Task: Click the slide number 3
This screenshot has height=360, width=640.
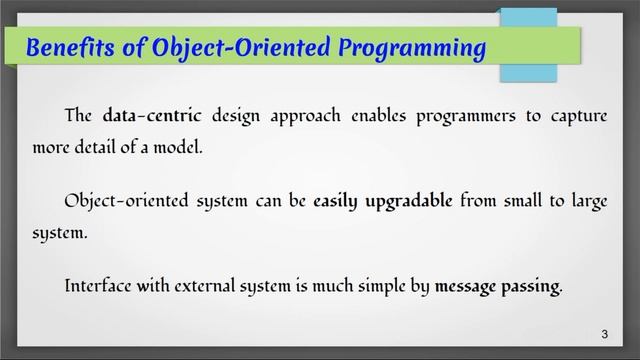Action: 603,333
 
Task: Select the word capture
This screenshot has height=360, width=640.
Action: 577,116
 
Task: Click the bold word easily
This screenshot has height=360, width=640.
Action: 340,201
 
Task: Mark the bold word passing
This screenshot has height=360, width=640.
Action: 534,286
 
